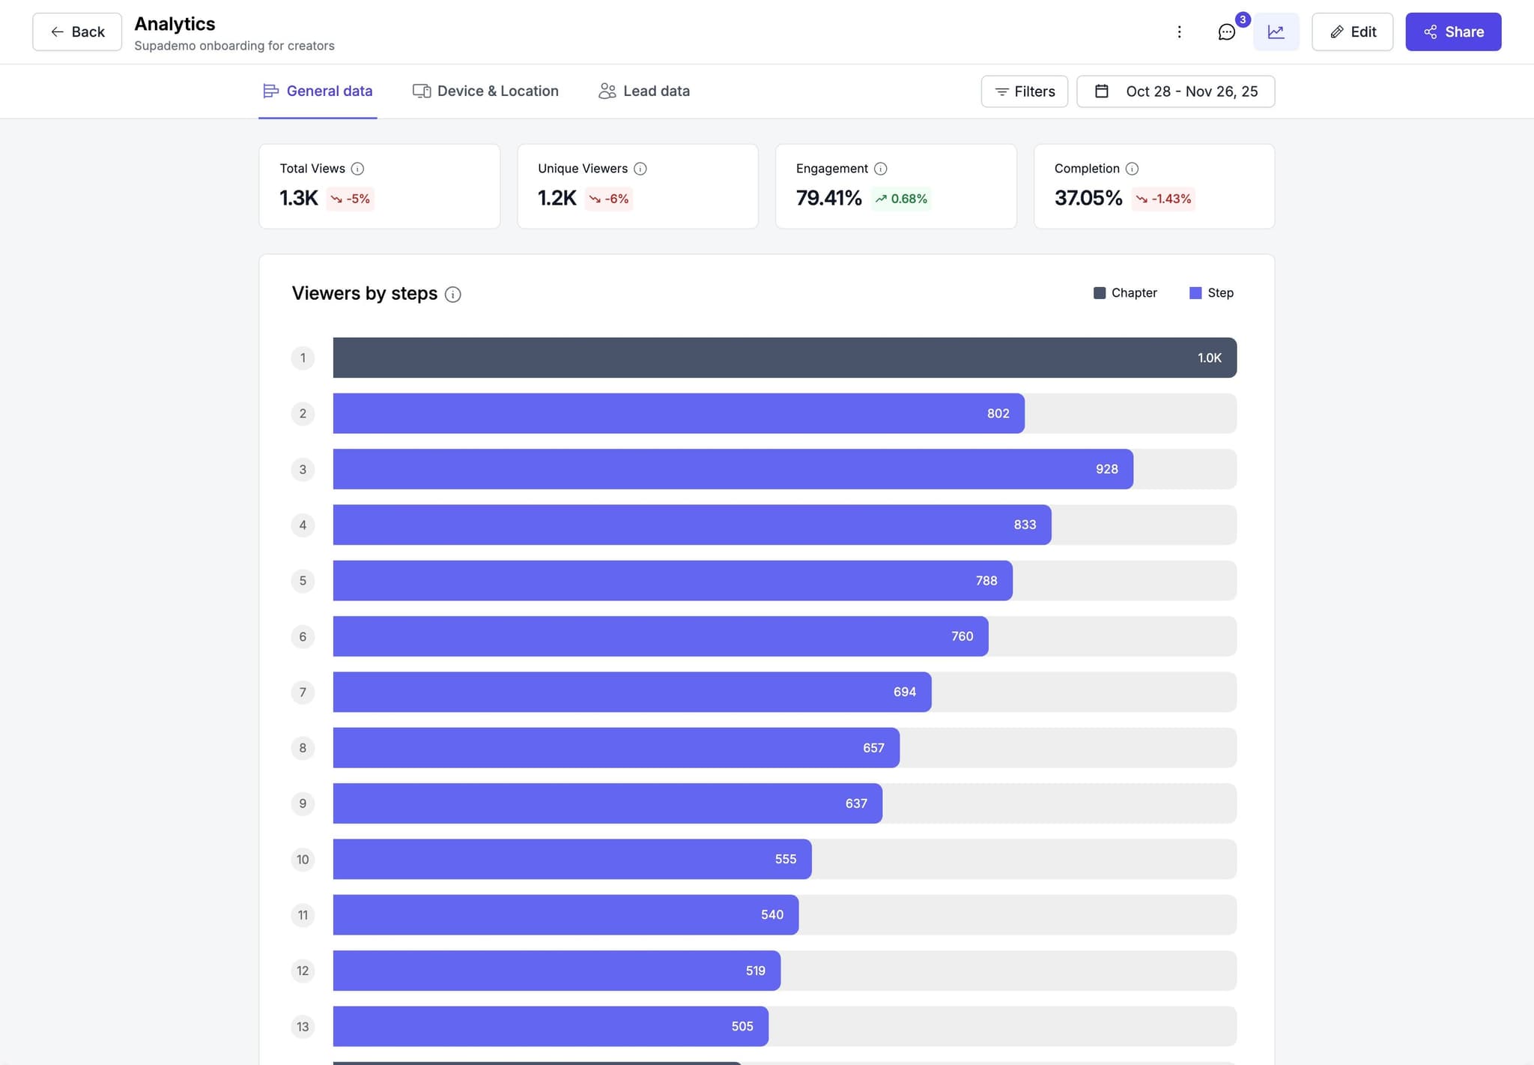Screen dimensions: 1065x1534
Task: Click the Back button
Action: coord(77,31)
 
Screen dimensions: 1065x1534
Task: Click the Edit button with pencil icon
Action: coord(1352,31)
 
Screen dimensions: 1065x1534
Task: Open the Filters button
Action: coord(1024,91)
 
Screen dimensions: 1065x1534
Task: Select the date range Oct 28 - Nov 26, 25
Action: coord(1175,91)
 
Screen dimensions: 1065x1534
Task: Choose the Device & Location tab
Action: coord(485,91)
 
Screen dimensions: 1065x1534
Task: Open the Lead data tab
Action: coord(644,91)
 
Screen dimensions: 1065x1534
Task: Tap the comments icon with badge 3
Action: coord(1226,32)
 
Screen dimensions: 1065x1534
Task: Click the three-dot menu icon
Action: coord(1179,31)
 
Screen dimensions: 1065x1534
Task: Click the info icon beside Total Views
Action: coord(357,169)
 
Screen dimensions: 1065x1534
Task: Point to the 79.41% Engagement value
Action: coord(828,198)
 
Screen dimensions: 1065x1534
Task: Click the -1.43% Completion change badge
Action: coord(1163,199)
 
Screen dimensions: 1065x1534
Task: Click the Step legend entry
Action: coord(1211,293)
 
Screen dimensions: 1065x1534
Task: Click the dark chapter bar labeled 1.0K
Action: coord(783,357)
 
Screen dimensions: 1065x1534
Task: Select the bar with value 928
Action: coord(732,469)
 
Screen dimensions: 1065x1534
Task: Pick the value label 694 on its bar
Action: coord(904,692)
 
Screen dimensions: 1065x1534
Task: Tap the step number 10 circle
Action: coord(303,859)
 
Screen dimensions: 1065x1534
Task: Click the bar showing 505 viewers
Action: coord(550,1026)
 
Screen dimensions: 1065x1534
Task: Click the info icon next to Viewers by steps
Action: coord(452,295)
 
